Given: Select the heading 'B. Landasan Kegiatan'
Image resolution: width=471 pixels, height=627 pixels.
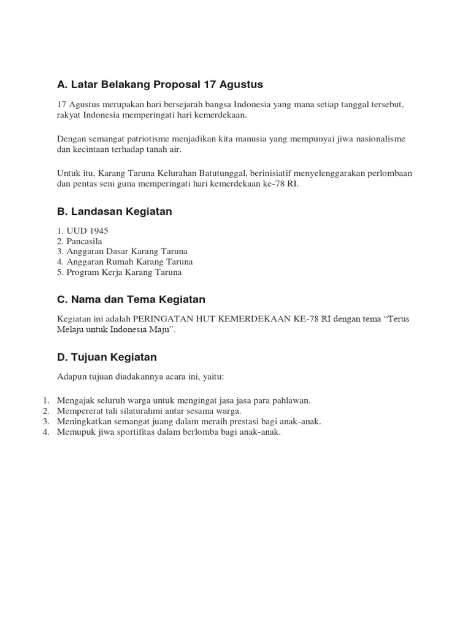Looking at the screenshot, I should [x=114, y=211].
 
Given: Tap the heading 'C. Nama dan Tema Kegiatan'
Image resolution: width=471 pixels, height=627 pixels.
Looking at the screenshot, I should [x=131, y=299].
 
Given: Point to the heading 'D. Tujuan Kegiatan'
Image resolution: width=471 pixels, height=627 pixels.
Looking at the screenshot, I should [x=107, y=356].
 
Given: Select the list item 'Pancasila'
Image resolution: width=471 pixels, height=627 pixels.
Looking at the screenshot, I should [x=83, y=241].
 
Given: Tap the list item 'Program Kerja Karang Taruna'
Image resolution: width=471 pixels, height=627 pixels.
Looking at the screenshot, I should [x=124, y=272].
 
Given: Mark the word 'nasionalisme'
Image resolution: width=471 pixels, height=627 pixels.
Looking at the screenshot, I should [x=380, y=139].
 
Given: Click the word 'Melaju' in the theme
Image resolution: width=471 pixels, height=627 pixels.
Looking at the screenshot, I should [x=70, y=329].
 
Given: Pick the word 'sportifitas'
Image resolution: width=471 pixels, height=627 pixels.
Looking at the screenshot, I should [x=142, y=432].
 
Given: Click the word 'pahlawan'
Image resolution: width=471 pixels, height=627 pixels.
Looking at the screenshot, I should [x=293, y=400].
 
